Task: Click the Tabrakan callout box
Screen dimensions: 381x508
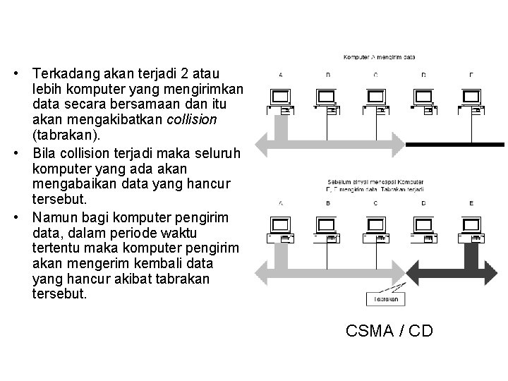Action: point(385,299)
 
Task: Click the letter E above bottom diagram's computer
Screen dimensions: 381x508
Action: point(471,204)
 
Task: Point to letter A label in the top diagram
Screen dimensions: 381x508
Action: point(282,74)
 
